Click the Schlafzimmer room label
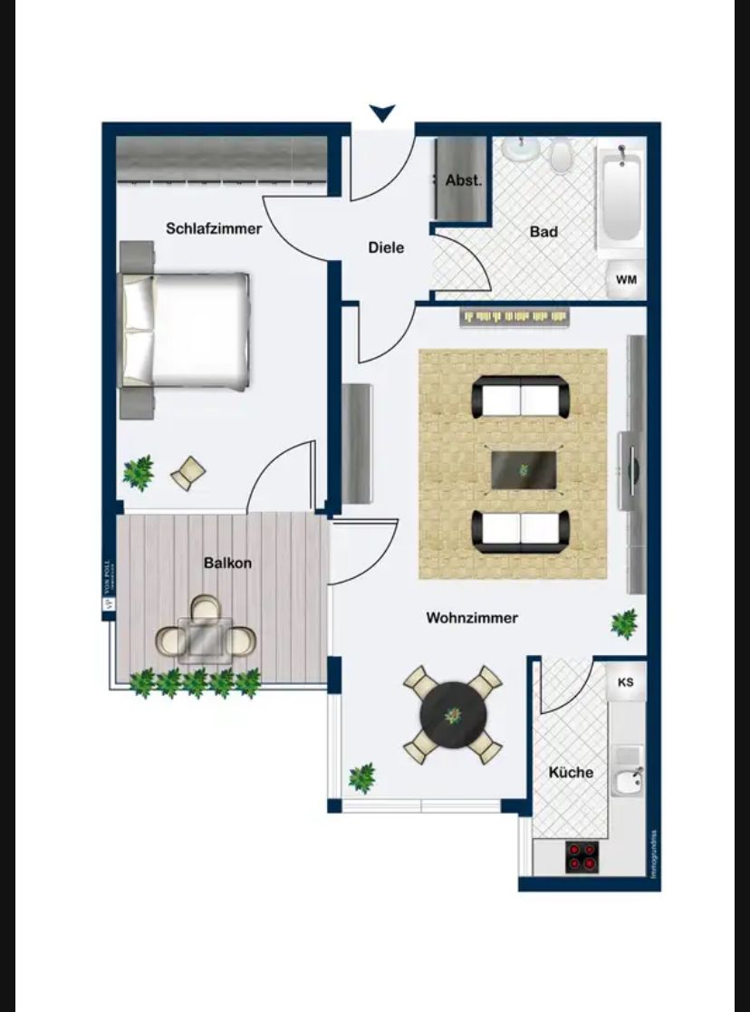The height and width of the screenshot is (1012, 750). [x=214, y=228]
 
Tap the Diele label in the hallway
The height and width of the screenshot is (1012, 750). [x=386, y=247]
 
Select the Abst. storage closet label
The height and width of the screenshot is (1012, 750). [x=464, y=180]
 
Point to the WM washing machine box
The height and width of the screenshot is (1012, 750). [x=626, y=280]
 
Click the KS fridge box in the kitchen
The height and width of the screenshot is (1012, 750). [x=626, y=682]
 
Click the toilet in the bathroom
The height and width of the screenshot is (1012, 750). [x=562, y=155]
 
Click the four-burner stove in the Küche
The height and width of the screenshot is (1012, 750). [x=582, y=857]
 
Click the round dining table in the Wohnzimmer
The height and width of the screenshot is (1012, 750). [x=453, y=714]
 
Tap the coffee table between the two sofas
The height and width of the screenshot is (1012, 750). [x=523, y=470]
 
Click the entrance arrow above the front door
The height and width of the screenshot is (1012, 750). [x=383, y=113]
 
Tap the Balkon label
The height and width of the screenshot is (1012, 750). [x=227, y=563]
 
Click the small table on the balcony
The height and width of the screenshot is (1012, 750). [x=205, y=638]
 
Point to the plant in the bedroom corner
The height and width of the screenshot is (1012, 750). [x=139, y=472]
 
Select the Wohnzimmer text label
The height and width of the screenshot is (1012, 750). [x=472, y=618]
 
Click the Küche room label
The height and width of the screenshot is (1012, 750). [x=572, y=772]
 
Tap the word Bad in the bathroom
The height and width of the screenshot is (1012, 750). [x=543, y=232]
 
